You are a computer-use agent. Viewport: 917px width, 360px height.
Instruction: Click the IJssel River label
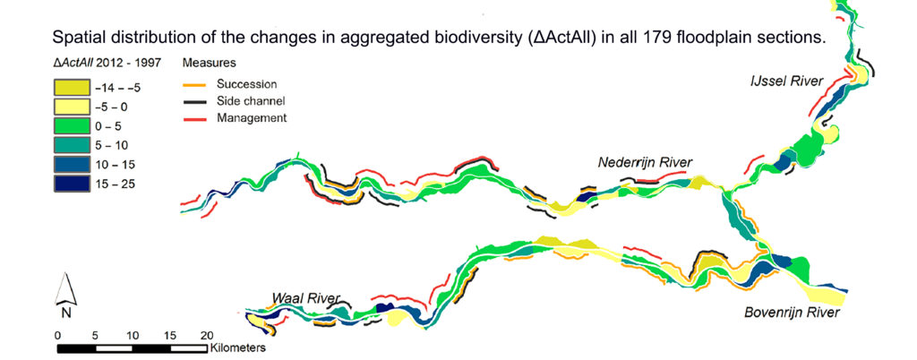(x=787, y=81)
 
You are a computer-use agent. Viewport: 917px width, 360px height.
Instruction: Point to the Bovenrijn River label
(x=792, y=313)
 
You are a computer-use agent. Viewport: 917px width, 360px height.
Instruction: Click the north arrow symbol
(x=65, y=289)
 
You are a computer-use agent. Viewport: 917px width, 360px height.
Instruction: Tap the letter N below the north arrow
(x=66, y=313)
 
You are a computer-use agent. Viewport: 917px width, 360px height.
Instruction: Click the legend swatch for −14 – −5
(x=72, y=89)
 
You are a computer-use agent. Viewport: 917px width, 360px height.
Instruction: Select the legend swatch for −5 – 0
(x=72, y=107)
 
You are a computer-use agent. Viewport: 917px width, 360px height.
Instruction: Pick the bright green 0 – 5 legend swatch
(x=72, y=126)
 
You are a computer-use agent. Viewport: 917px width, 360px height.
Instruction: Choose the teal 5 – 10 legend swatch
(x=72, y=145)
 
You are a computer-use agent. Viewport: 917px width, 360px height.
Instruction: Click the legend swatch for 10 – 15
(x=72, y=164)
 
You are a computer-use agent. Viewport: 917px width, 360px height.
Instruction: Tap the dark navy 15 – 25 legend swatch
(x=72, y=183)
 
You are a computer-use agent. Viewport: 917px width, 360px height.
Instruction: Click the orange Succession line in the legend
(x=199, y=85)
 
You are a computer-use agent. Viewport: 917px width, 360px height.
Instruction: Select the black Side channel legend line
(x=199, y=102)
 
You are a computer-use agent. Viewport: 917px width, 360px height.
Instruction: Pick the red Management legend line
(x=199, y=118)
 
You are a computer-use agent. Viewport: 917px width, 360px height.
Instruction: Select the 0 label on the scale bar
(x=57, y=336)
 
